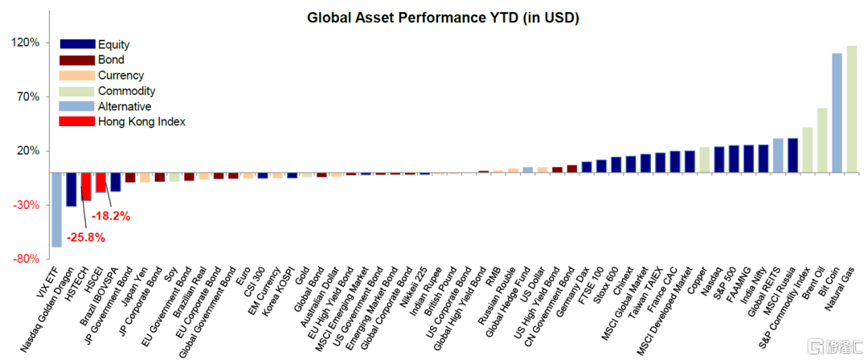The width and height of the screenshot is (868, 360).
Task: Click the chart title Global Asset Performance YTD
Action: [x=443, y=17]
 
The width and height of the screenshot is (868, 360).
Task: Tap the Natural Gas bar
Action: [x=851, y=108]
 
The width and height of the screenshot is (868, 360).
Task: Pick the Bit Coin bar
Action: [x=837, y=112]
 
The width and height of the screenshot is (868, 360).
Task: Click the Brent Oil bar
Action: [x=822, y=140]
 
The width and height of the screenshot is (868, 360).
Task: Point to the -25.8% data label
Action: [x=86, y=238]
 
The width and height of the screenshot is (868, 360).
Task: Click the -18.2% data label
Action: [x=110, y=216]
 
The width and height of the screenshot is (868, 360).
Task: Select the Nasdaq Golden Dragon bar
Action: [x=71, y=190]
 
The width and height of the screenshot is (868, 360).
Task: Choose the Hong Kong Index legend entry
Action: [x=141, y=121]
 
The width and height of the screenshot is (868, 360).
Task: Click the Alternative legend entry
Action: [x=124, y=106]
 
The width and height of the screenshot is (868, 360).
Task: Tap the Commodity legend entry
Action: [x=126, y=91]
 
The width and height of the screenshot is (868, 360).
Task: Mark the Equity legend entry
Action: [x=113, y=45]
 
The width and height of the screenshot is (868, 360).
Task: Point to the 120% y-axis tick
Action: [x=25, y=43]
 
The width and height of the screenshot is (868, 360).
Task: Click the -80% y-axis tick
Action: [x=25, y=259]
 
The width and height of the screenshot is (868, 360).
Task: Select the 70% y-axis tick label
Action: [x=27, y=96]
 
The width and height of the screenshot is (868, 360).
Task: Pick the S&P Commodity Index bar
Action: [x=807, y=149]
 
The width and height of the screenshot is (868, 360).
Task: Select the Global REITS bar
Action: [x=778, y=155]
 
